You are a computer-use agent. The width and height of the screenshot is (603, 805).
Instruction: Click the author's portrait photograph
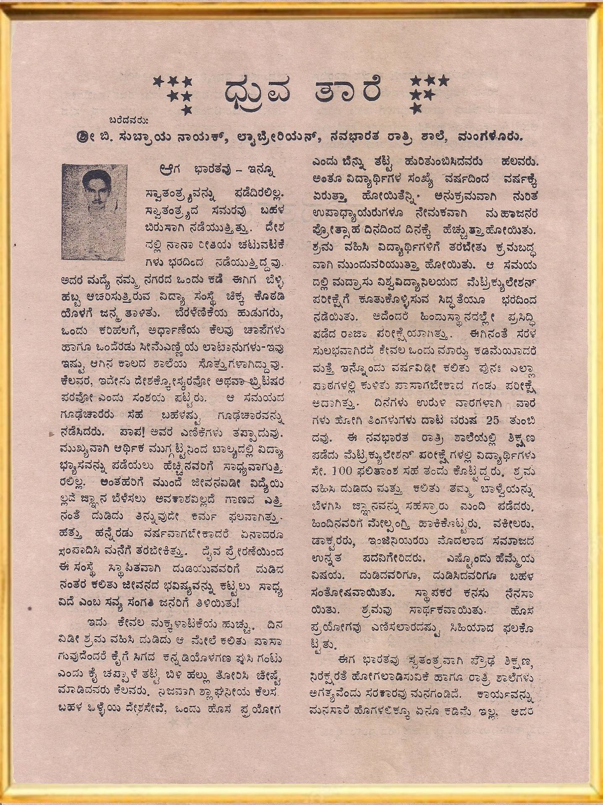(x=94, y=212)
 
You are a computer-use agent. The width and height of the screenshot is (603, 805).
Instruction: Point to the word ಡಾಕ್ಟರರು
(x=334, y=541)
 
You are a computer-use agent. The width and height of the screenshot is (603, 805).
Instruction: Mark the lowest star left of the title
(x=187, y=110)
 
